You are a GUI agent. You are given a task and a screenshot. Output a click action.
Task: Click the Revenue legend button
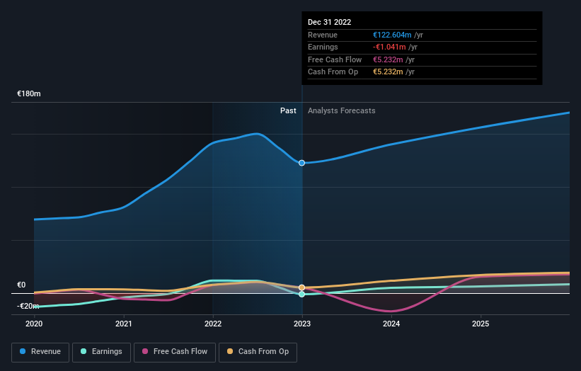point(40,351)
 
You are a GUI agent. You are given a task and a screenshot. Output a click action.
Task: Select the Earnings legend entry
point(101,351)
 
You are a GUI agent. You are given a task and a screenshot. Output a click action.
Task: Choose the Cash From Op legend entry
point(258,351)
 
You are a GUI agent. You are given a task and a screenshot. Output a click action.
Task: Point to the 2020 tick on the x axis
point(34,324)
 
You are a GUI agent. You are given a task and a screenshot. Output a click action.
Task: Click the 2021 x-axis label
point(124,324)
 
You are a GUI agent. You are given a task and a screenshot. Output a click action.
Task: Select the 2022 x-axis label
point(213,324)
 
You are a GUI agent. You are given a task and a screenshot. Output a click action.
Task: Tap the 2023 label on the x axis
point(302,324)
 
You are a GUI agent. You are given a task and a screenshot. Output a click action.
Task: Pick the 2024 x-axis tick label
point(391,324)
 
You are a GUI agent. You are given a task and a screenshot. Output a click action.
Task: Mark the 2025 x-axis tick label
point(481,324)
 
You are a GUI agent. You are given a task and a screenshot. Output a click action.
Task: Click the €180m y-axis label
point(29,93)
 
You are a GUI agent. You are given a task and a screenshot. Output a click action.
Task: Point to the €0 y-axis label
point(21,285)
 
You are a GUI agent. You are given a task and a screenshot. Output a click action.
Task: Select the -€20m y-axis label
point(28,306)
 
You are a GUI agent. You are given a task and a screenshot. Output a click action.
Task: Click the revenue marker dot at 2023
point(302,163)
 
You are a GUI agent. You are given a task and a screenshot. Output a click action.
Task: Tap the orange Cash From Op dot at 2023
point(302,288)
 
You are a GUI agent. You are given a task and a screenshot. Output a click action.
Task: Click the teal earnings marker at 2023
point(302,294)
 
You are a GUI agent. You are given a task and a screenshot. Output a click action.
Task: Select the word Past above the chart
point(288,110)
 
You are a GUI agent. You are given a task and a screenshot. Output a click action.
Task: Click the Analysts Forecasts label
point(341,110)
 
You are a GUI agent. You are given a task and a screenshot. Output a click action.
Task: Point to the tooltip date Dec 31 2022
point(329,23)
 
